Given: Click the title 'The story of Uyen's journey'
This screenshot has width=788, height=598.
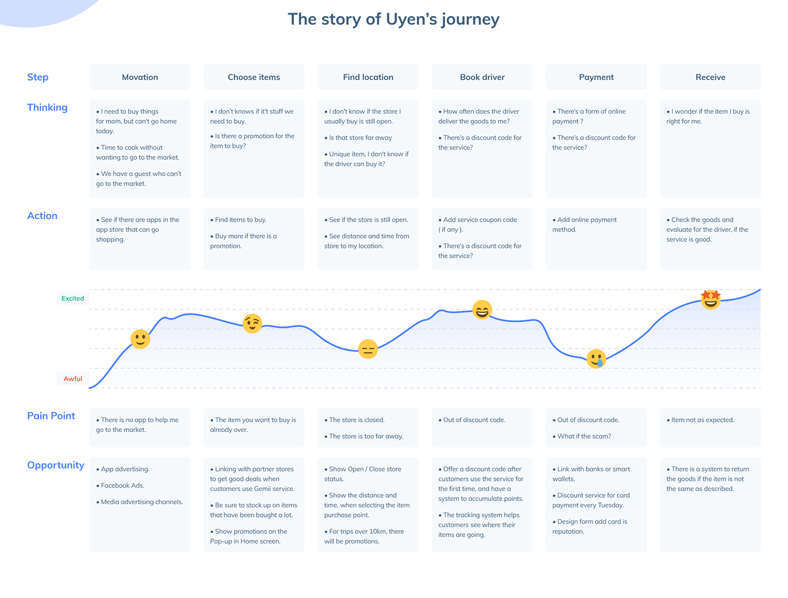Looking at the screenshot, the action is (x=393, y=19).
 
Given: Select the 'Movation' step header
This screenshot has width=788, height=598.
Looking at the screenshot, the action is (x=140, y=77).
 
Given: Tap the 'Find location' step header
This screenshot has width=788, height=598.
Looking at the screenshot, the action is (x=368, y=77).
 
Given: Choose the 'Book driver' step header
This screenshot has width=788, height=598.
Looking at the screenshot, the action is (x=482, y=77).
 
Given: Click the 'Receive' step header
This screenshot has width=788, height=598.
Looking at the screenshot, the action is (x=710, y=77).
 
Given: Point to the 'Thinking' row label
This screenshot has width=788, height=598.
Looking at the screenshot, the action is (x=47, y=107).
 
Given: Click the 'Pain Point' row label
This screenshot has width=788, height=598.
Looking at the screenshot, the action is (x=51, y=416).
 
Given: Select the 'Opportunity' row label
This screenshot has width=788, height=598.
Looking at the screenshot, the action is (x=56, y=465).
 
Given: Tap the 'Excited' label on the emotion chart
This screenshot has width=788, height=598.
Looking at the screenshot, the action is (x=73, y=299).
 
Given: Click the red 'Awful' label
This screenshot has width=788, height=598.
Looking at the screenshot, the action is (x=73, y=379).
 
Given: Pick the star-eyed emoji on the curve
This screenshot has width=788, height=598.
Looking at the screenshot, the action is (x=710, y=299).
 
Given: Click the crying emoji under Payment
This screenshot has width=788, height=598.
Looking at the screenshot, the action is (x=596, y=359).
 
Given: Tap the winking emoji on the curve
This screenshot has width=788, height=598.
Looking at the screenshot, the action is (x=252, y=323).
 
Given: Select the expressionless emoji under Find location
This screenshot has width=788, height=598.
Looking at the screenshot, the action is (x=368, y=349).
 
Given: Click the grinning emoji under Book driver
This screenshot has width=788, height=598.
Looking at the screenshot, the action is (x=482, y=309).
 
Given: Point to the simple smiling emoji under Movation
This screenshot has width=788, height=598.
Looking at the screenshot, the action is (x=140, y=339).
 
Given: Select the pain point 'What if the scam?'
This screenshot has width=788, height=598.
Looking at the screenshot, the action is (x=581, y=437).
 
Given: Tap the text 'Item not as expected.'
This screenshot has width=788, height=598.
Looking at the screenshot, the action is (x=700, y=420).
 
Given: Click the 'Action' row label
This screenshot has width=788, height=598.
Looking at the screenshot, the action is (x=42, y=216).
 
